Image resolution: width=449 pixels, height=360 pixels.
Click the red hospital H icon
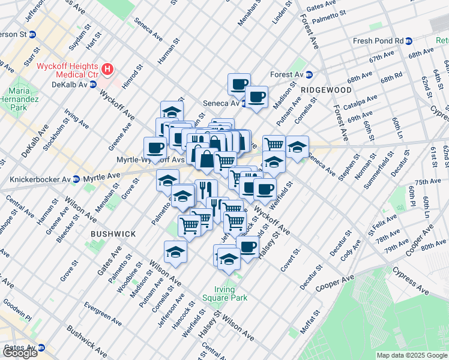coord(107,70)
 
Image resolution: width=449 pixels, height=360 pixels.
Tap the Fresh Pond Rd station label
coord(378,41)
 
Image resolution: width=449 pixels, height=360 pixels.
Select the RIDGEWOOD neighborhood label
coord(326,89)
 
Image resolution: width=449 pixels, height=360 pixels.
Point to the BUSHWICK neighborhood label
coord(113,233)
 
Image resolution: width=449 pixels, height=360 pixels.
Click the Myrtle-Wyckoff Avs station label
coord(149,160)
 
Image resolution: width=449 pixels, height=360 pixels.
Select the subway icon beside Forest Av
coord(310,75)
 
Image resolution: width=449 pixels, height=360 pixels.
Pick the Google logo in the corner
coord(20,353)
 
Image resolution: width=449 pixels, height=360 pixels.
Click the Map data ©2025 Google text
coord(412,355)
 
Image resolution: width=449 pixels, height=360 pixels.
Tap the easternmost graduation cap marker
coord(297,146)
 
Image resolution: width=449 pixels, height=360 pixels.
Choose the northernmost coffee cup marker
coord(239,83)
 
